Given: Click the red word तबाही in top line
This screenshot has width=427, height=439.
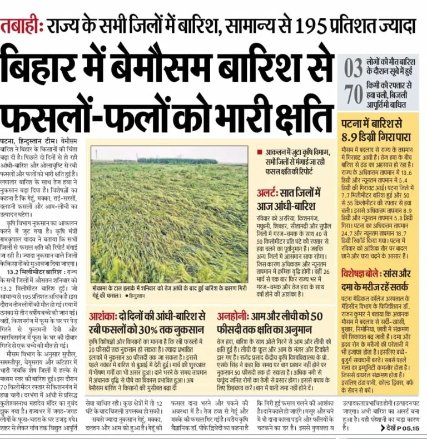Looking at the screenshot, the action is click(x=21, y=26).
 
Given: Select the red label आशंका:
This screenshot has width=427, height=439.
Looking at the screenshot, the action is click(x=103, y=315).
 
